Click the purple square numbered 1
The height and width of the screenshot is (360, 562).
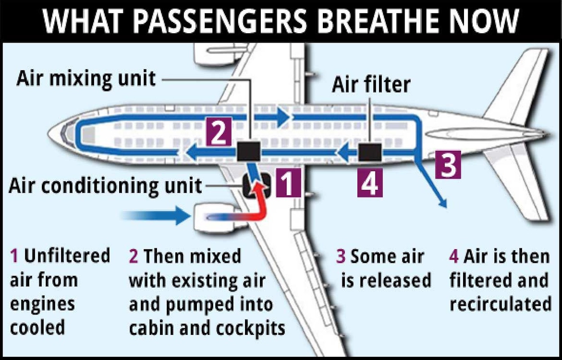tap(288, 183)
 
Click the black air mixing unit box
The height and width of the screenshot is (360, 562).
tap(248, 151)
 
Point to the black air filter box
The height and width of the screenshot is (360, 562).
tap(370, 152)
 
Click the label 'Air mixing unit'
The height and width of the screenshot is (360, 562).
tap(86, 79)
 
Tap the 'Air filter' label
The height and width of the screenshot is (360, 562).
tap(371, 84)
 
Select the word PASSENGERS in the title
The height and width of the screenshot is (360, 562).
tap(215, 20)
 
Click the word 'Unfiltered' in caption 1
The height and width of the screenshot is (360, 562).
tap(67, 256)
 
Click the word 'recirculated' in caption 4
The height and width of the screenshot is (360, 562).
tap(500, 304)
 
